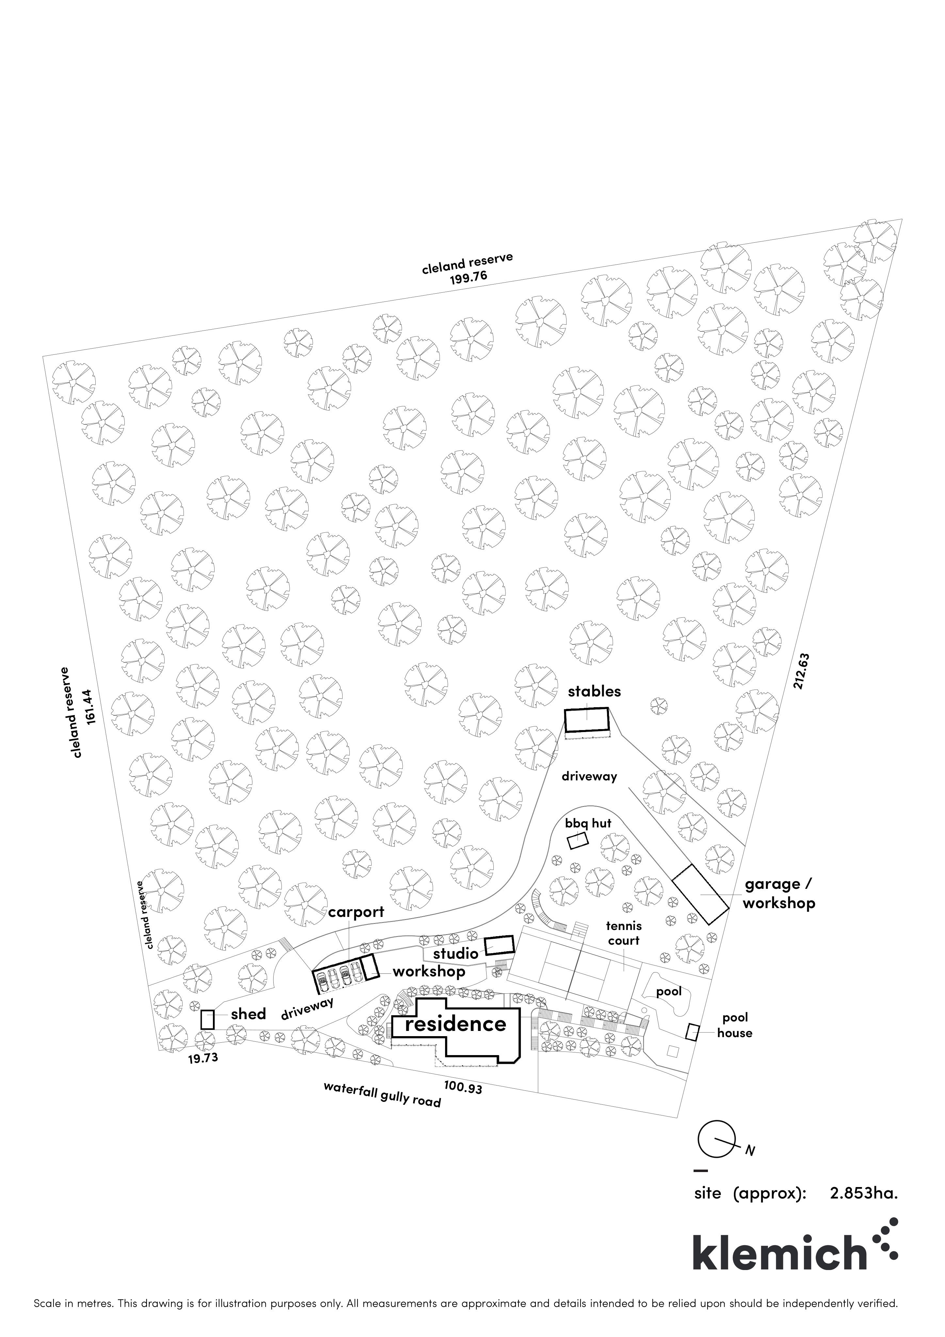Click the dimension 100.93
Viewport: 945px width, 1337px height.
tap(463, 1086)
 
